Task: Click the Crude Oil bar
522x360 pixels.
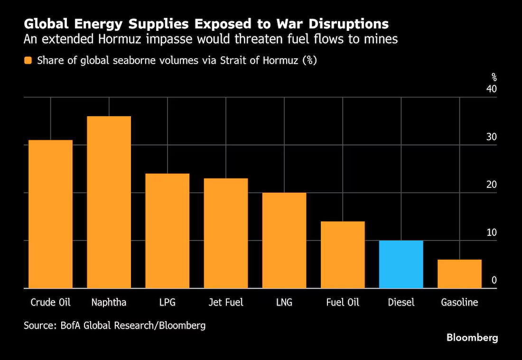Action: [x=51, y=214]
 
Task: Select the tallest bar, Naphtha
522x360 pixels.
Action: [x=109, y=202]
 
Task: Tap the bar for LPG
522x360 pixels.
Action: [x=168, y=231]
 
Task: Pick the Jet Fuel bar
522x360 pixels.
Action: [x=226, y=233]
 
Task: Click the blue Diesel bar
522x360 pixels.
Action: [x=401, y=264]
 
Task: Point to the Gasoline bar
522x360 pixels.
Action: [x=459, y=274]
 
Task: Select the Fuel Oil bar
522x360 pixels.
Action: [x=343, y=255]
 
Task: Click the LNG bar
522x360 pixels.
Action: [x=284, y=240]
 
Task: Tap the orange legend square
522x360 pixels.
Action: [x=28, y=60]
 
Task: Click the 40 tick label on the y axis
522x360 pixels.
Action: [x=491, y=89]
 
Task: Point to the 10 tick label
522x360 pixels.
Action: [x=491, y=232]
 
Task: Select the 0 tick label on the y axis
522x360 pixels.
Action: [x=494, y=280]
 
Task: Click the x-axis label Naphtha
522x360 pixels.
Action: [x=109, y=302]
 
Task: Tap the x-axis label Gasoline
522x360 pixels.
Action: [x=459, y=302]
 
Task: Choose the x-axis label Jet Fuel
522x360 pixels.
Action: [x=226, y=302]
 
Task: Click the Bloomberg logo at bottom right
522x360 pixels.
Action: [x=472, y=338]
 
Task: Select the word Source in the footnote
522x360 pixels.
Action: [x=38, y=325]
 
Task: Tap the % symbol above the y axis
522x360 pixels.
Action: [x=494, y=77]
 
